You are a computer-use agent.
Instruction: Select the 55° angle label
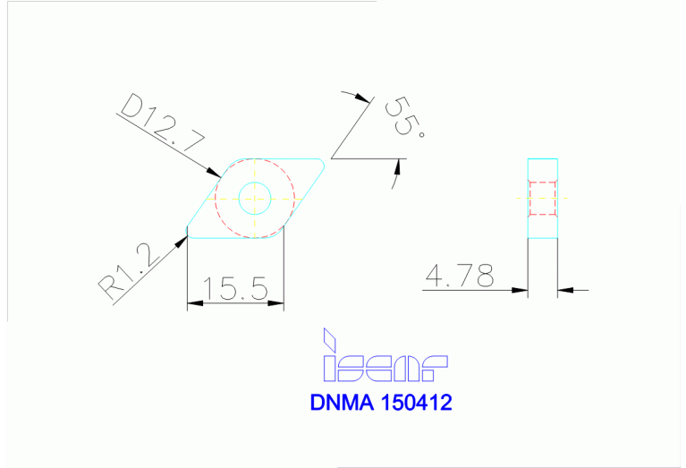(403, 116)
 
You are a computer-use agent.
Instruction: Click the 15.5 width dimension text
(235, 288)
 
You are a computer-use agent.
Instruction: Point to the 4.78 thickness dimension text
(460, 277)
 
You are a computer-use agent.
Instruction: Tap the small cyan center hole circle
(255, 198)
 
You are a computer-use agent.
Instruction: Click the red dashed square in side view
(542, 199)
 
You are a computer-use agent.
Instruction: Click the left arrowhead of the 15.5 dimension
(193, 304)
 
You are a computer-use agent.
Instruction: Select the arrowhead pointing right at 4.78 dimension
(521, 289)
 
